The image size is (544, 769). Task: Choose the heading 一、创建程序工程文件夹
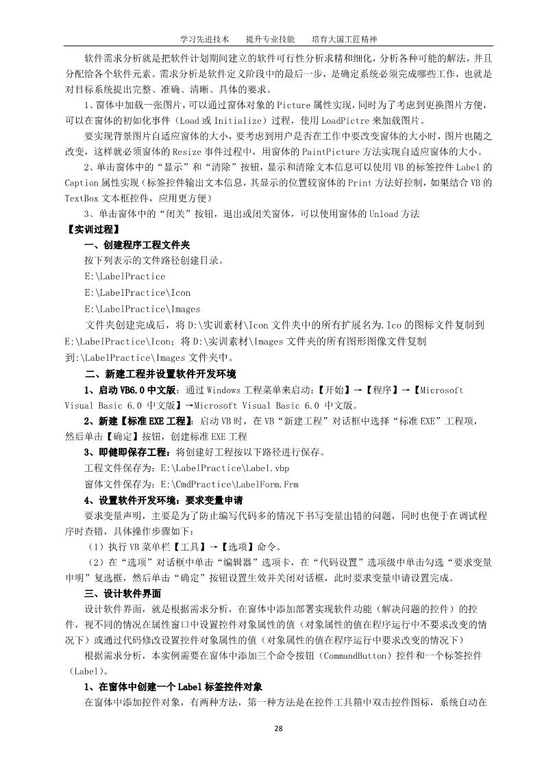pyautogui.click(x=137, y=244)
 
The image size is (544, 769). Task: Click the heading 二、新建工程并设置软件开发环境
pyautogui.click(x=160, y=373)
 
